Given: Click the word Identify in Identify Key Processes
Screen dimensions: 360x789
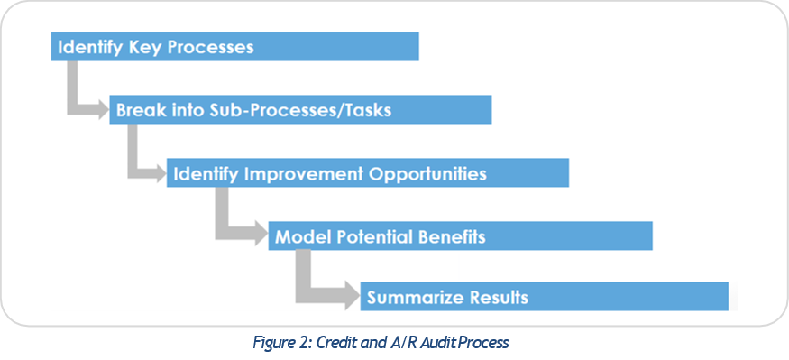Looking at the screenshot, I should (87, 47).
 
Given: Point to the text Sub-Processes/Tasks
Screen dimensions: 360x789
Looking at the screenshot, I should (300, 110).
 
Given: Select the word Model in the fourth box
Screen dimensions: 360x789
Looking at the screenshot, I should (298, 236).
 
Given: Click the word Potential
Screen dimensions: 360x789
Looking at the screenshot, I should (370, 236).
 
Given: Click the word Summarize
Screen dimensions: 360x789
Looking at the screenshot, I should (413, 297).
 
